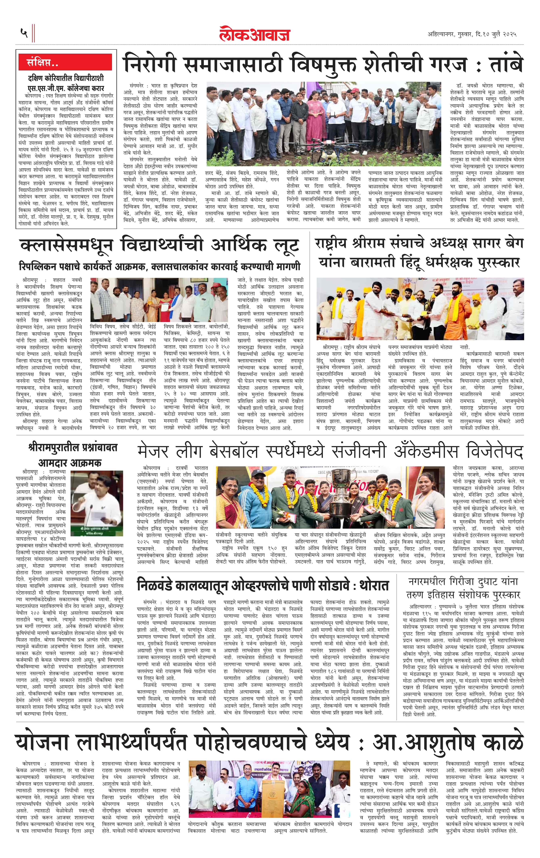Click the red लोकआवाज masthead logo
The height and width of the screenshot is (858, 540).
255,34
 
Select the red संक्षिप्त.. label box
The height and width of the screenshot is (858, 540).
66,62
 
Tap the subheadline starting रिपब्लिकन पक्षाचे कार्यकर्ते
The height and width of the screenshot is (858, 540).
160,266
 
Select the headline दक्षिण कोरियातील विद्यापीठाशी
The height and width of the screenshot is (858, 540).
66,78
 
